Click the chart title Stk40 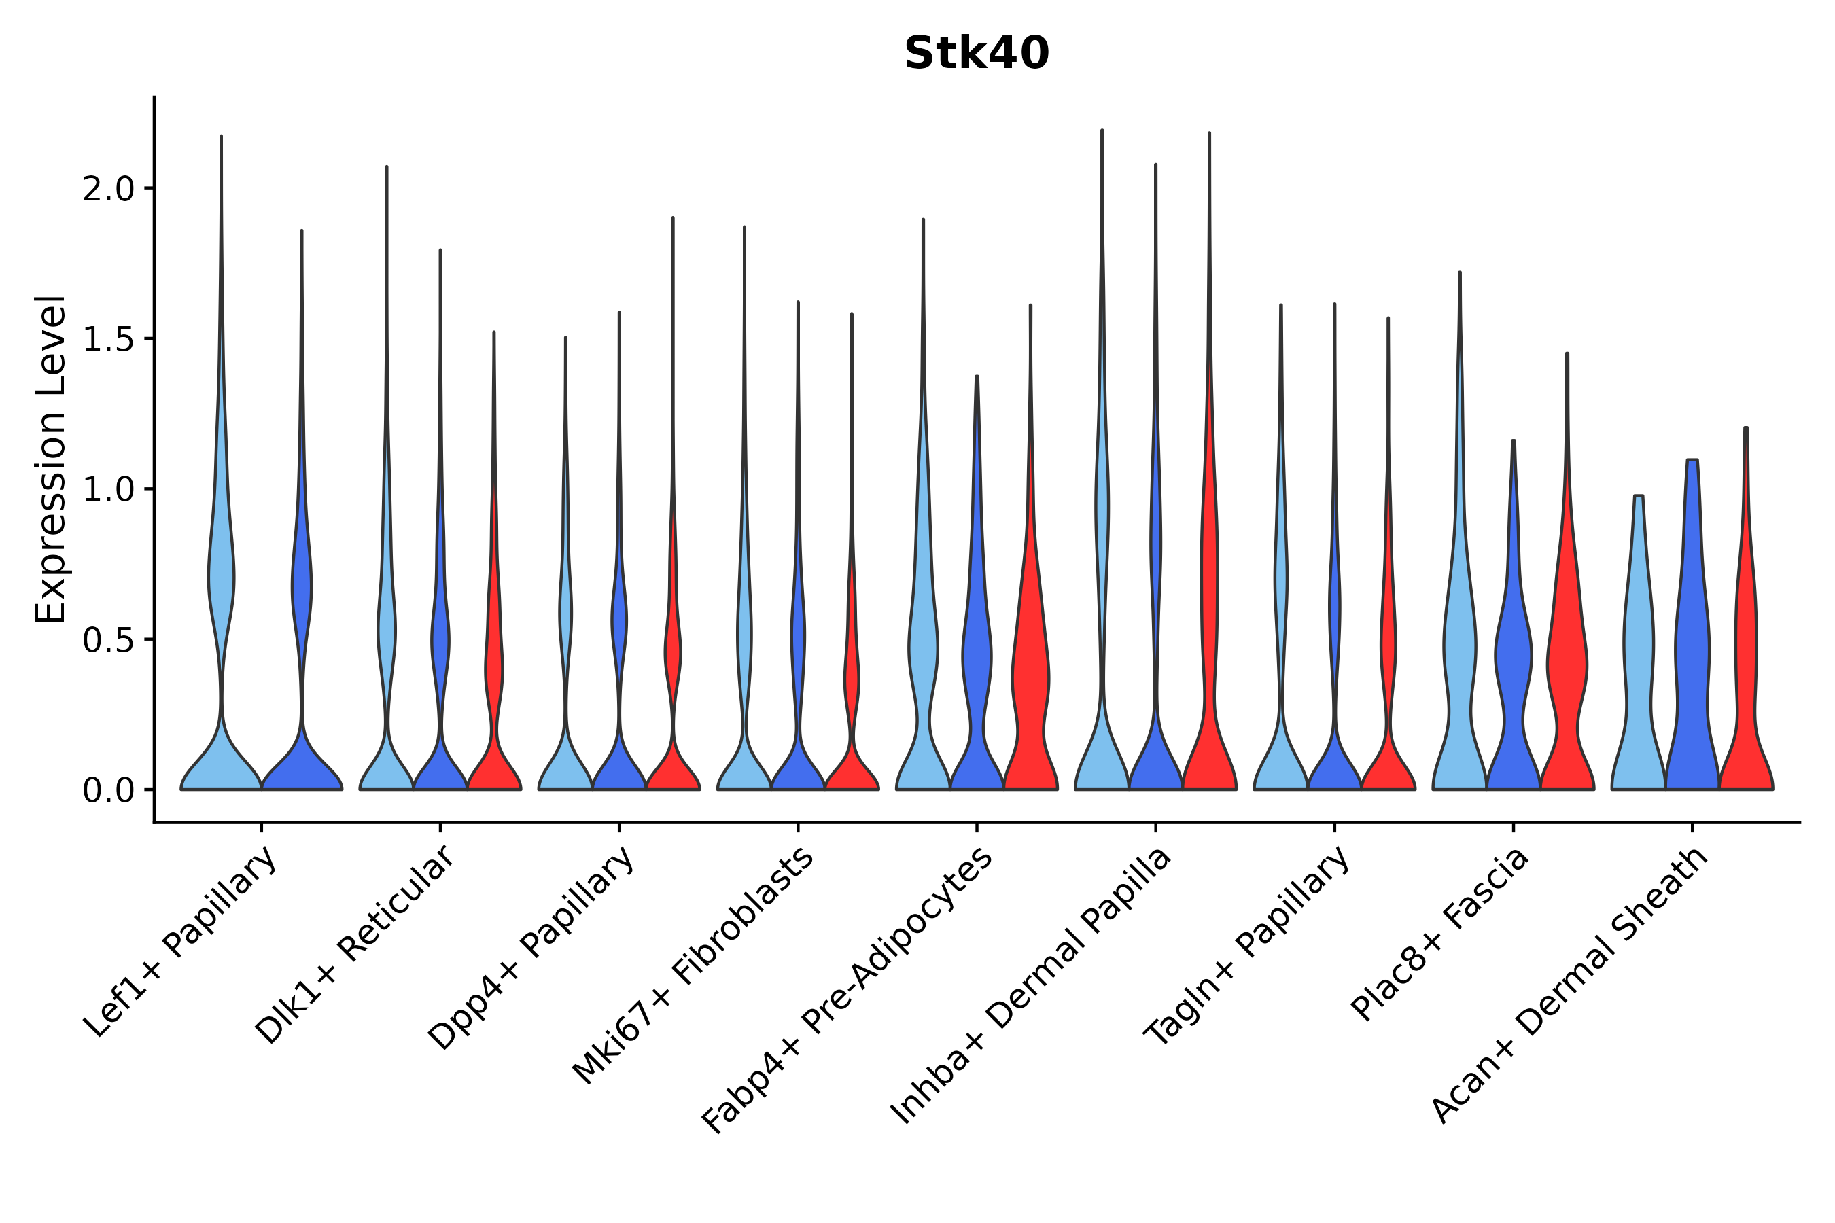tap(976, 54)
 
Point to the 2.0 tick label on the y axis tap(109, 190)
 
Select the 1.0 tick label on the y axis tap(109, 491)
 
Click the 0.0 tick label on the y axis tap(109, 792)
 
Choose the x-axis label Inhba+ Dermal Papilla tap(1030, 986)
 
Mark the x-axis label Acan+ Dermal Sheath tap(1570, 986)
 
